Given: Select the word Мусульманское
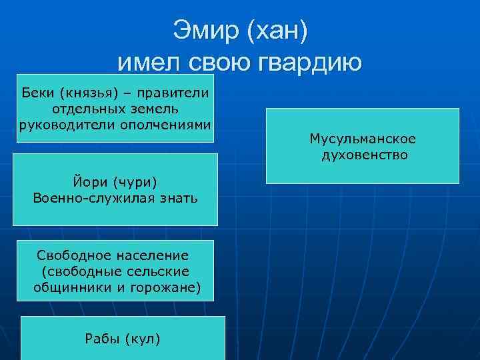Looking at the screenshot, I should pos(362,139).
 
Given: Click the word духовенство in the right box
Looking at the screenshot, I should pos(362,155).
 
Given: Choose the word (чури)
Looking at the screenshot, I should pos(135,181).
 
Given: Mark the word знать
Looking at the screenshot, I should pos(173,198).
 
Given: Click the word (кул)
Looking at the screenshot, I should pos(143,339).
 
